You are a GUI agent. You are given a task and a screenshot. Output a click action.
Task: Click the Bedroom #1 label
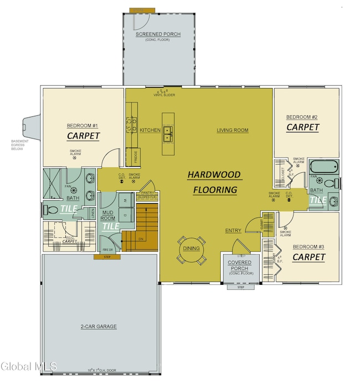tap(83, 125)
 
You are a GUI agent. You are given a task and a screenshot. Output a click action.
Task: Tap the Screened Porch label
tap(155, 34)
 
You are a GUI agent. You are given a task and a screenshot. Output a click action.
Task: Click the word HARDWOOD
tap(214, 175)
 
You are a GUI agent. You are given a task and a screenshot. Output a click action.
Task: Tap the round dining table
tap(191, 249)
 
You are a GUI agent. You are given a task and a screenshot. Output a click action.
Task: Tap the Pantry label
tap(147, 192)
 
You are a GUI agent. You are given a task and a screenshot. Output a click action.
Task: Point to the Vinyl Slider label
tap(163, 95)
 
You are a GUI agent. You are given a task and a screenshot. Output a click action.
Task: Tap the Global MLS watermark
tap(25, 366)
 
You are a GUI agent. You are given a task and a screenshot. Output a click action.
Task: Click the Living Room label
tap(232, 130)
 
